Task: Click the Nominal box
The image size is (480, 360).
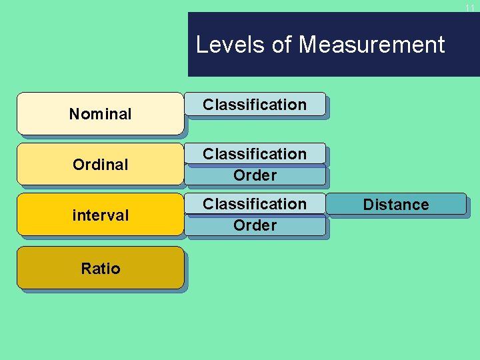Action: pyautogui.click(x=100, y=113)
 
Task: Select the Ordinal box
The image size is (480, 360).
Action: pyautogui.click(x=100, y=164)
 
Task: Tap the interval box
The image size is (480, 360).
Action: pyautogui.click(x=100, y=215)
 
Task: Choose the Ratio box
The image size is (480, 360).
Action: pyautogui.click(x=100, y=268)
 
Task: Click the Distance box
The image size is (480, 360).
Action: pyautogui.click(x=396, y=204)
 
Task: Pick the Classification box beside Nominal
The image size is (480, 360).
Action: pyautogui.click(x=255, y=105)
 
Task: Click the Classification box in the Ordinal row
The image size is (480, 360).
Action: pyautogui.click(x=255, y=154)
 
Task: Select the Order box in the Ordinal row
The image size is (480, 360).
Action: pyautogui.click(x=255, y=175)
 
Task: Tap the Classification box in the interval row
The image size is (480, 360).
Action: pyautogui.click(x=255, y=204)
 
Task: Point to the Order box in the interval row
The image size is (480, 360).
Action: pyautogui.click(x=255, y=225)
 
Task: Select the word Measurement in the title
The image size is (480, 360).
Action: pyautogui.click(x=372, y=45)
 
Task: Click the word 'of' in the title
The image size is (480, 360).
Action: pyautogui.click(x=282, y=45)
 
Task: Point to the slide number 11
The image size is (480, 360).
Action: pyautogui.click(x=470, y=8)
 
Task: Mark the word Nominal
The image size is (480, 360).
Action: pyautogui.click(x=100, y=114)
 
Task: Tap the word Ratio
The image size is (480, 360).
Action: pyautogui.click(x=100, y=269)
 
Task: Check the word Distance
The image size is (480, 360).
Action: pyautogui.click(x=396, y=205)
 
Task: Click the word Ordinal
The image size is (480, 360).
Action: pyautogui.click(x=100, y=164)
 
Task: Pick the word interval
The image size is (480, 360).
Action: pyautogui.click(x=100, y=215)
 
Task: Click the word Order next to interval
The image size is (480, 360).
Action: pyautogui.click(x=255, y=225)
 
